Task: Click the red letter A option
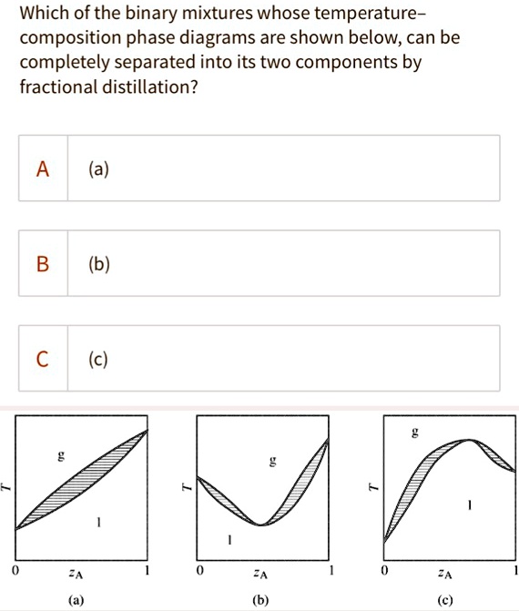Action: [43, 168]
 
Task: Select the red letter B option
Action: [43, 264]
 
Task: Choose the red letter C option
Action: [43, 359]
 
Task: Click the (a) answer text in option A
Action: [99, 168]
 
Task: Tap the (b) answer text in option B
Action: [99, 264]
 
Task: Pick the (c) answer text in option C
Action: [99, 359]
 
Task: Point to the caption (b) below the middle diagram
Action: [261, 600]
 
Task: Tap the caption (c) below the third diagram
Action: [444, 600]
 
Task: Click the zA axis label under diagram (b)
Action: [261, 575]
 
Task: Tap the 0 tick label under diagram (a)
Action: [15, 572]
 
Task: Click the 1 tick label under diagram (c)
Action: [514, 572]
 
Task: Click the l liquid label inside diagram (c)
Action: [470, 504]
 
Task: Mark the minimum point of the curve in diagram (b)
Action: [261, 524]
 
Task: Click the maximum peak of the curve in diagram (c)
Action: [468, 440]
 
